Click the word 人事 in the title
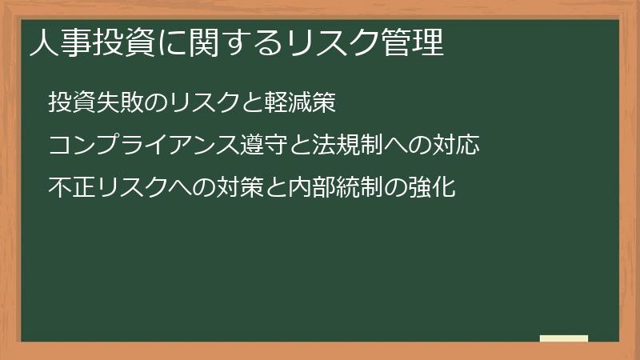(57, 43)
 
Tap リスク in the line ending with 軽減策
(202, 102)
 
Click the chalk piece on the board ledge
(564, 338)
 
